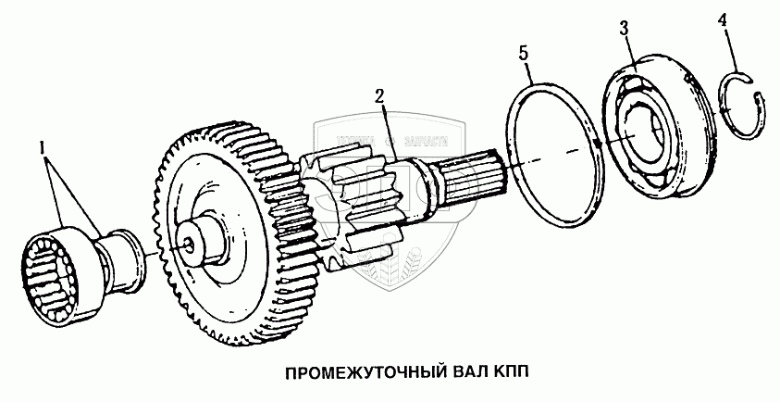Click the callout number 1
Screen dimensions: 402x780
pos(42,146)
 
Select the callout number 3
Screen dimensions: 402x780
pos(625,29)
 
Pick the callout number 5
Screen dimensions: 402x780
pos(525,54)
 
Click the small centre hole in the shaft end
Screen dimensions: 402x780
pos(189,245)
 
